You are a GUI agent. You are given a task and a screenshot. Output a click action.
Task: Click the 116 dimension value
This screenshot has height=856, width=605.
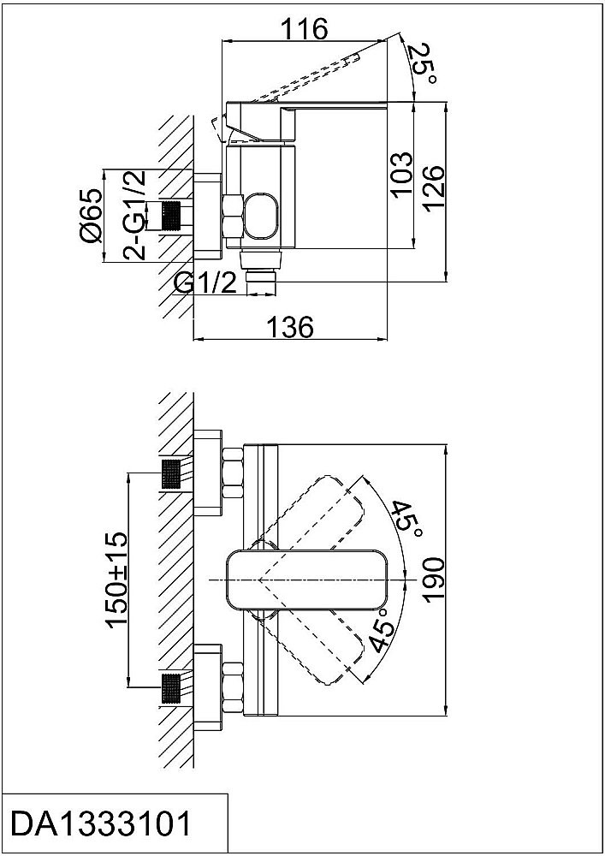click(x=305, y=28)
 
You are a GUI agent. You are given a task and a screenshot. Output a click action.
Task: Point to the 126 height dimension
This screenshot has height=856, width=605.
click(x=434, y=189)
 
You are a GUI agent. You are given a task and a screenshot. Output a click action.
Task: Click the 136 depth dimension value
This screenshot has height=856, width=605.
click(x=290, y=327)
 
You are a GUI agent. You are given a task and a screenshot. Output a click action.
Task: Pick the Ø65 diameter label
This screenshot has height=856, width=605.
click(x=91, y=216)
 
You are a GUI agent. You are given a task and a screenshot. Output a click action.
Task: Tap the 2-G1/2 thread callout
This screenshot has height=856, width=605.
click(x=134, y=215)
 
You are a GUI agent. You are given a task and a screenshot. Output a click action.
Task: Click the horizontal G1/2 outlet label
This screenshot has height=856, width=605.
click(x=205, y=283)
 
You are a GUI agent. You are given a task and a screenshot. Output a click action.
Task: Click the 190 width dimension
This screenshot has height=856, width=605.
click(x=434, y=580)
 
